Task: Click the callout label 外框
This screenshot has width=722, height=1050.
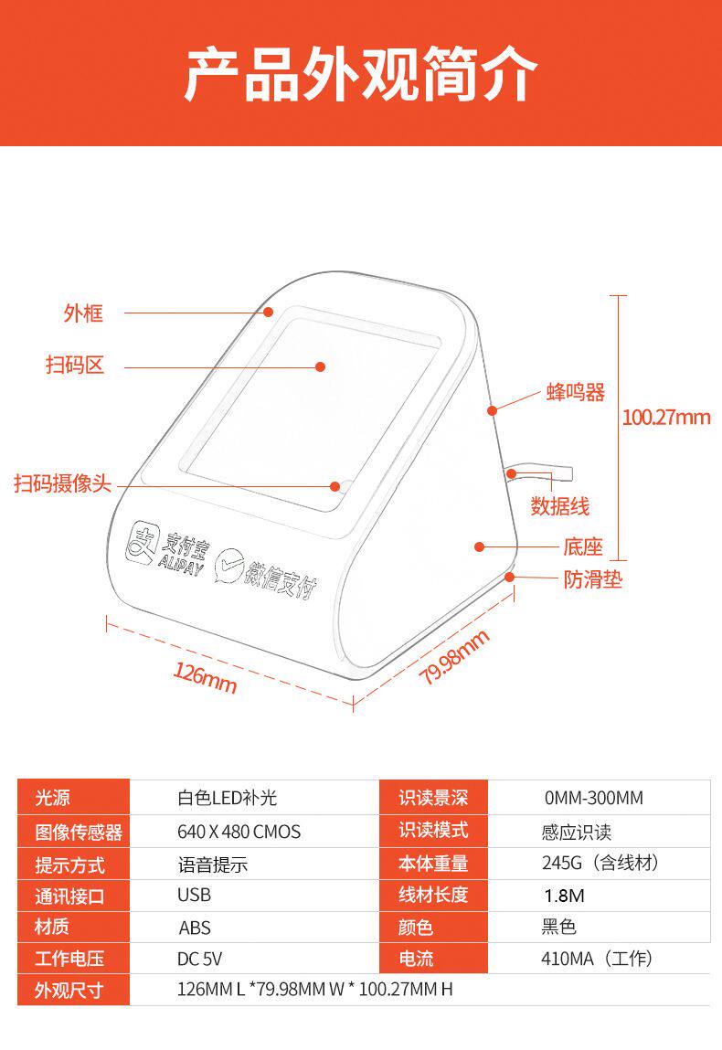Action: coord(83,313)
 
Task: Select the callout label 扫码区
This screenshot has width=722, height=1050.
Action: coord(75,366)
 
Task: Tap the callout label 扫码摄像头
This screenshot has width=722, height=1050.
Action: coord(62,483)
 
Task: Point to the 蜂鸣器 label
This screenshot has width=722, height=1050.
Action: coord(576,393)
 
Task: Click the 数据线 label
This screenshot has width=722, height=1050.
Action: coord(560,505)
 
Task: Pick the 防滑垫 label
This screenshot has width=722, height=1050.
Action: coord(592,579)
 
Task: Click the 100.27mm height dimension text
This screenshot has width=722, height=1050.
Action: coord(665,418)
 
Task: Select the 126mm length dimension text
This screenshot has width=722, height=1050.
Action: coord(206,678)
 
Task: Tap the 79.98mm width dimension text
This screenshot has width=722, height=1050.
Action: coord(454,657)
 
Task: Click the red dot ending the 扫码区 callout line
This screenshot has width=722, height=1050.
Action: coord(321,366)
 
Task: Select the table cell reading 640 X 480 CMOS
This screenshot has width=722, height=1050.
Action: coord(239,832)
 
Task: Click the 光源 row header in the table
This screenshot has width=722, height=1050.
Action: coord(53,798)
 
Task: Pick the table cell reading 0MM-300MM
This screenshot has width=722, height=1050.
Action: coord(594,798)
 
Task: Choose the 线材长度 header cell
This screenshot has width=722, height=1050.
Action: coord(433,895)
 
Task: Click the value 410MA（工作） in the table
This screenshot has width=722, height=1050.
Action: coord(596,959)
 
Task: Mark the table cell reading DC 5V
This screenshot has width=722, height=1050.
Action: coord(199,959)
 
